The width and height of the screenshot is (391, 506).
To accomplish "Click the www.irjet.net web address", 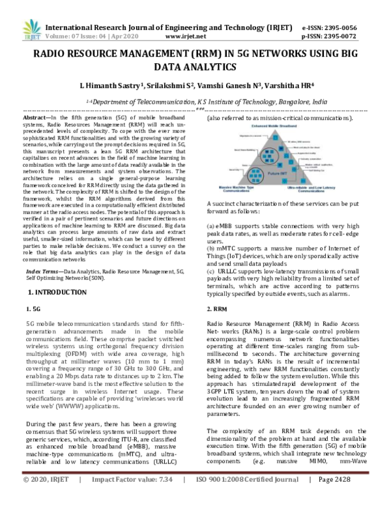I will pos(193,38).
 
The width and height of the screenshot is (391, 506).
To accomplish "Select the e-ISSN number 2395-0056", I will pos(346,28).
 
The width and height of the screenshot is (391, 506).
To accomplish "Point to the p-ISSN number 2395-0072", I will pos(346,38).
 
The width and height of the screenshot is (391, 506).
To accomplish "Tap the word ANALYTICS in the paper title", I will pos(195,67).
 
